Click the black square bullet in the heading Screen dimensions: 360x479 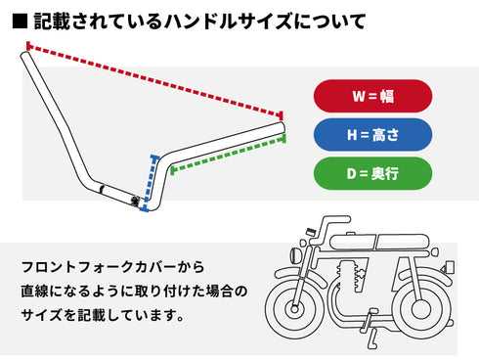20,19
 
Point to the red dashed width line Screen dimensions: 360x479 156,80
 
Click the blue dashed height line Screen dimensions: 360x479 150,180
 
